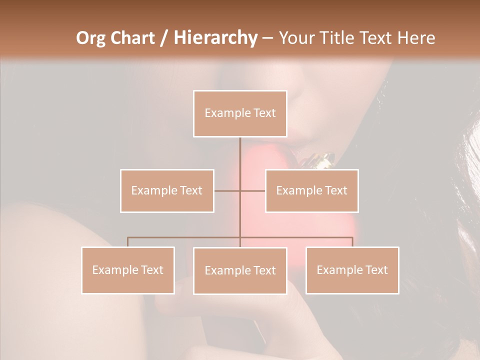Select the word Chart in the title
pyautogui.click(x=130, y=38)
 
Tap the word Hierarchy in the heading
pyautogui.click(x=215, y=38)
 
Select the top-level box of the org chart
pyautogui.click(x=240, y=113)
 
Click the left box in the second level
pyautogui.click(x=167, y=190)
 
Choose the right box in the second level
pyautogui.click(x=311, y=190)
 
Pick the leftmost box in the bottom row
pyautogui.click(x=128, y=270)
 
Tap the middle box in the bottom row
pyautogui.click(x=240, y=270)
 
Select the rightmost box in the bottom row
pyautogui.click(x=352, y=270)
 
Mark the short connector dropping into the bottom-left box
pyautogui.click(x=128, y=242)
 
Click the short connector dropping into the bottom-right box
pyautogui.click(x=352, y=242)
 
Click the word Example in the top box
pyautogui.click(x=223, y=113)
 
